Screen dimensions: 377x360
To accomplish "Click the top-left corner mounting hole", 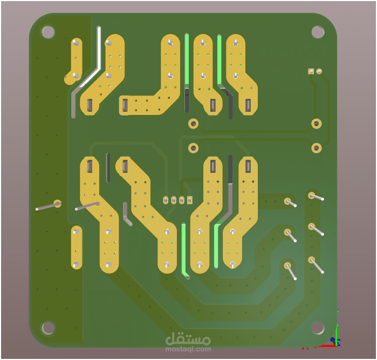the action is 48,32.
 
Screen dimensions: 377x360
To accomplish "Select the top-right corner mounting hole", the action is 318,32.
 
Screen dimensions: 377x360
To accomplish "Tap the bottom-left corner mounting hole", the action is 48,328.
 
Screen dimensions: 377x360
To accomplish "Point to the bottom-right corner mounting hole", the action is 318,328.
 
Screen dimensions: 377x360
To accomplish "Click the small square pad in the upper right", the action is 311,71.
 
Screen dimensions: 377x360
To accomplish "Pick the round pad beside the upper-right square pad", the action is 319,71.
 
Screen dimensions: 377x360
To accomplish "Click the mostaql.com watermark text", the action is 188,349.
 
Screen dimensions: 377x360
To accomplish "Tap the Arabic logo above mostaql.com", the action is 188,338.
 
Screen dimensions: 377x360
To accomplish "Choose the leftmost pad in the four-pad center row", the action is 166,200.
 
